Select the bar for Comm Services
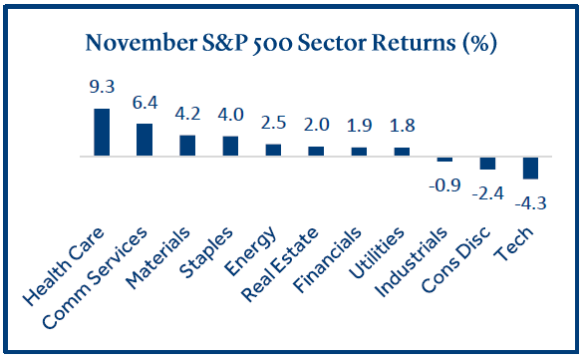[x=145, y=140]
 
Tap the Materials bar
[x=187, y=146]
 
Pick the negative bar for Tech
[x=530, y=168]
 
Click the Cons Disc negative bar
[x=487, y=164]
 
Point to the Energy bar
[x=273, y=150]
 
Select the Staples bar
[x=230, y=146]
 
